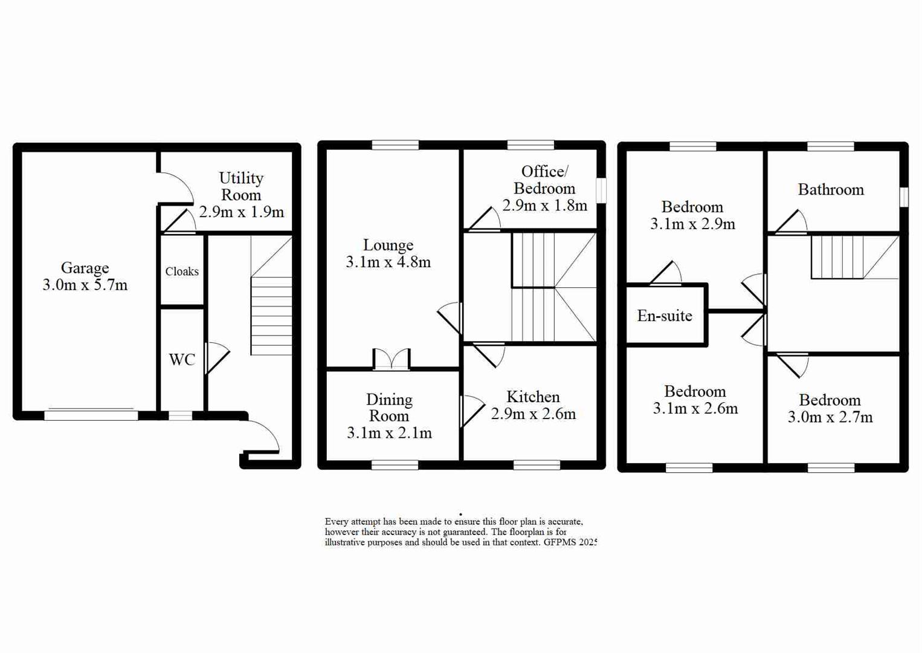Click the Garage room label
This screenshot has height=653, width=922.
(85, 268)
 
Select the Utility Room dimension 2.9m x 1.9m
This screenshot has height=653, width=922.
(241, 212)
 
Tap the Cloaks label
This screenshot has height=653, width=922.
(182, 271)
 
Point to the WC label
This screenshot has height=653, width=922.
(182, 360)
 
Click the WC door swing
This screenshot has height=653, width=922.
(217, 359)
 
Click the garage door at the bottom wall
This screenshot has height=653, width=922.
(91, 415)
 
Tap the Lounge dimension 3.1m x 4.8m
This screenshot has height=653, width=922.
(388, 262)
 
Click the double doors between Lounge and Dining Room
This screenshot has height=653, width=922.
(392, 360)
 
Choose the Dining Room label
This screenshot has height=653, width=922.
(389, 408)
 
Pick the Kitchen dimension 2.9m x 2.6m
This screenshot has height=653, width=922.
(533, 414)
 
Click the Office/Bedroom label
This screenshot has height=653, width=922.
(544, 180)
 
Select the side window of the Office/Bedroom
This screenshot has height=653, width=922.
(601, 190)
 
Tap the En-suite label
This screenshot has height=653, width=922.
(665, 316)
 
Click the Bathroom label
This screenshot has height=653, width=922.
(831, 190)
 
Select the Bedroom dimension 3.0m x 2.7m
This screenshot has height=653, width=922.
(830, 417)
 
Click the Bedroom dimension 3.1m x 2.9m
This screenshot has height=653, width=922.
(692, 224)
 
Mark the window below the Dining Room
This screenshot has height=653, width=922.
(395, 465)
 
